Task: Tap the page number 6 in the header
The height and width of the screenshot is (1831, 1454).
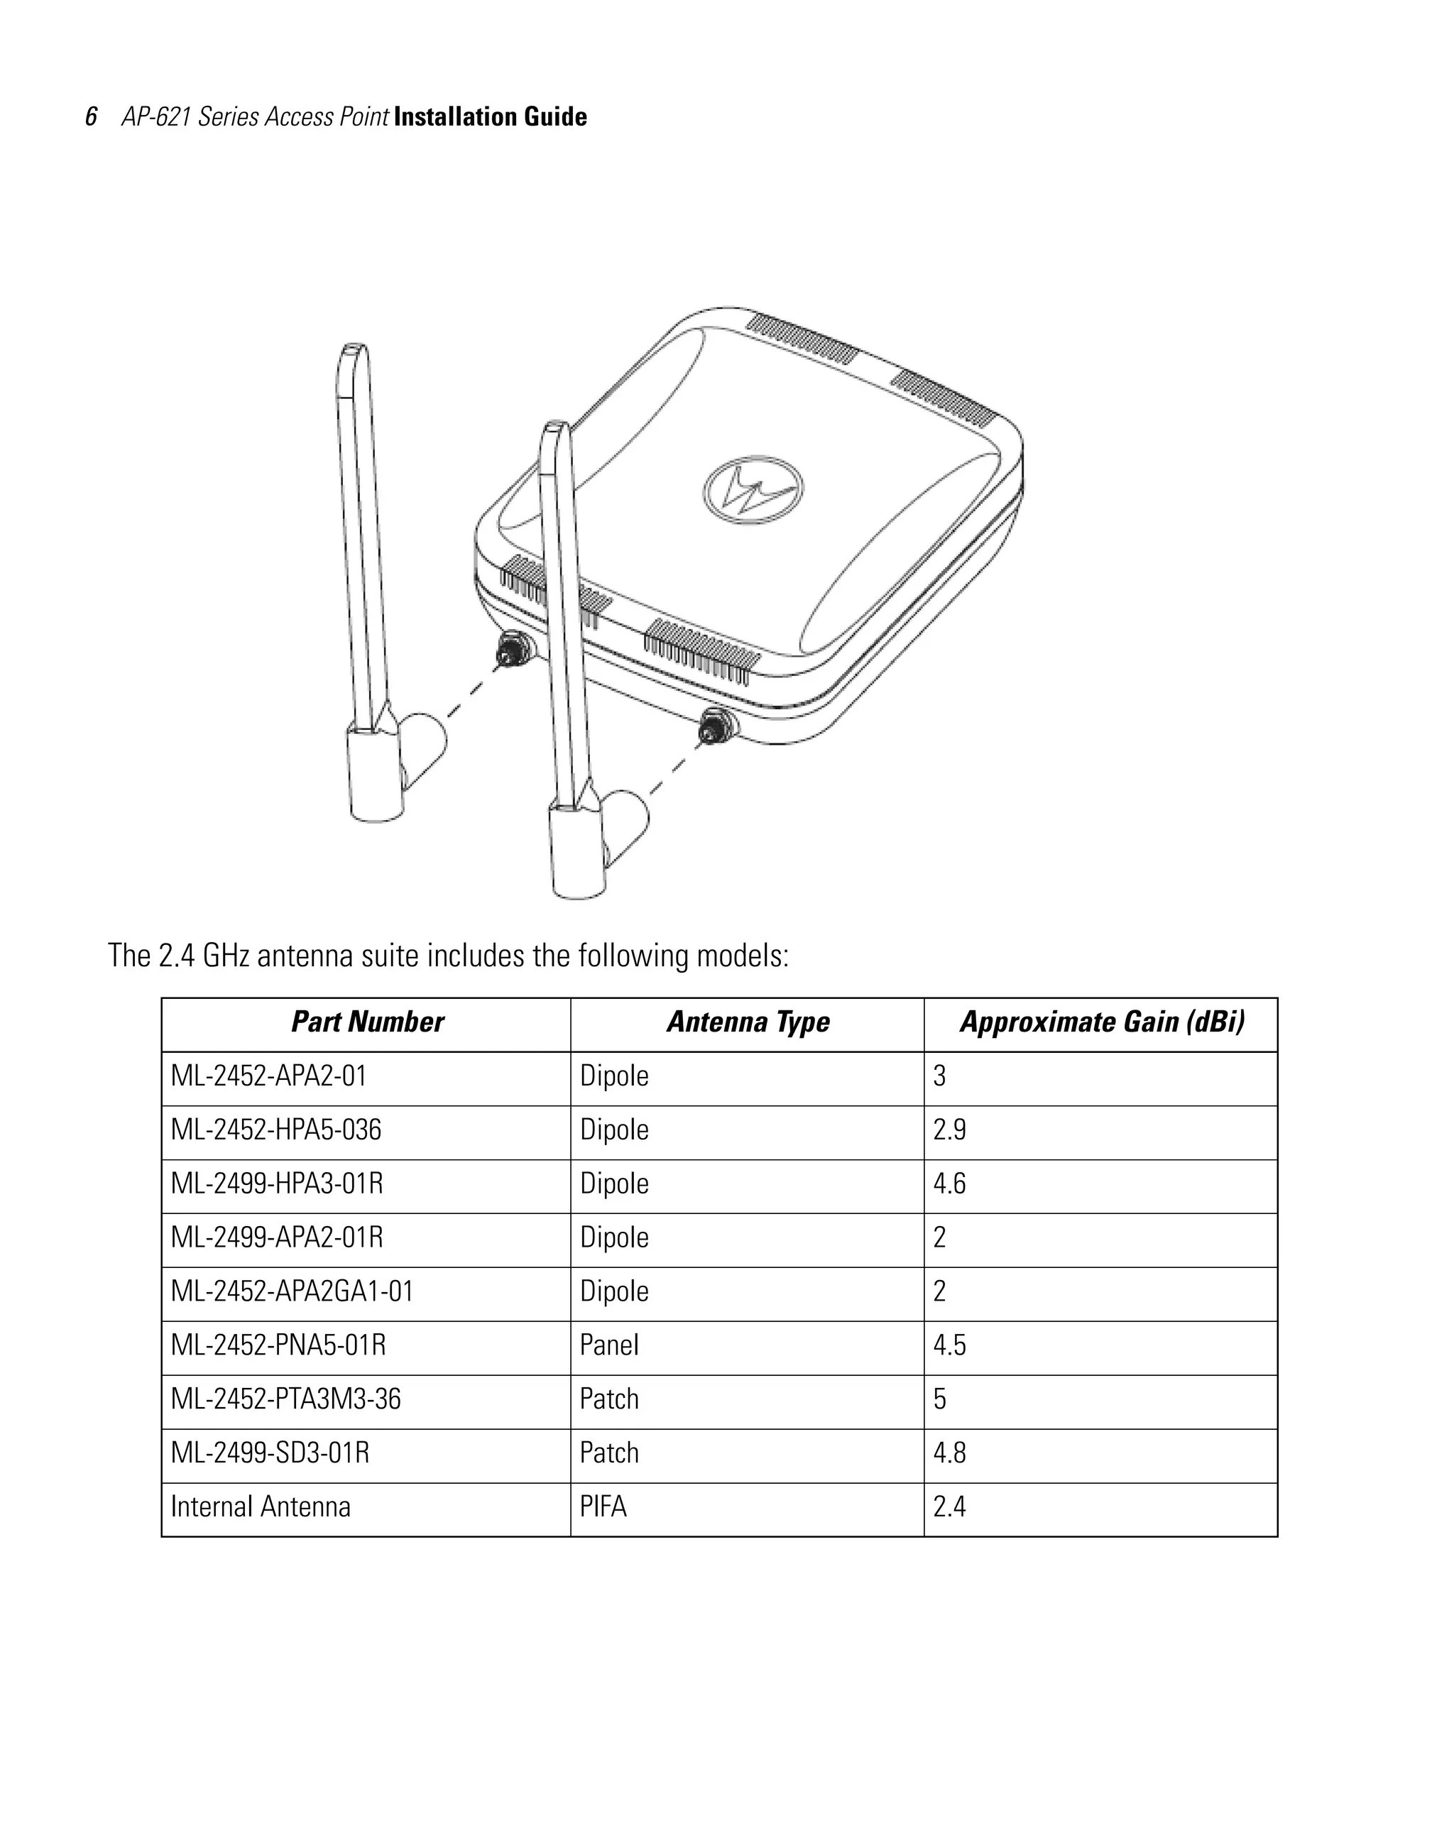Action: coord(91,117)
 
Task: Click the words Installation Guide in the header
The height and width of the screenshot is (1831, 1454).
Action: coord(490,117)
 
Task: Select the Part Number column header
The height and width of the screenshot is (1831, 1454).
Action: coord(367,1022)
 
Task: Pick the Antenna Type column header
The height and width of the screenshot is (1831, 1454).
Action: coord(748,1022)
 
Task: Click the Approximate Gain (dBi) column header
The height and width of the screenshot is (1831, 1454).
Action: coord(1102,1022)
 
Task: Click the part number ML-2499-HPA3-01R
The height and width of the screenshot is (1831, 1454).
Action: coord(277,1184)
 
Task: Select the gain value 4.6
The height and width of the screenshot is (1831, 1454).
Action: coord(949,1184)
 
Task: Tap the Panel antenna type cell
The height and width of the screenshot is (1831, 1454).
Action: coord(609,1345)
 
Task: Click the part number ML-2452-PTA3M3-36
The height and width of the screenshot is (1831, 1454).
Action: coord(285,1399)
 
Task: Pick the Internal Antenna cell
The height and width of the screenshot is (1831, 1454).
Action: coord(260,1507)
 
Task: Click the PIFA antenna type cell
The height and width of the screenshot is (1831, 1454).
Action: coord(603,1507)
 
